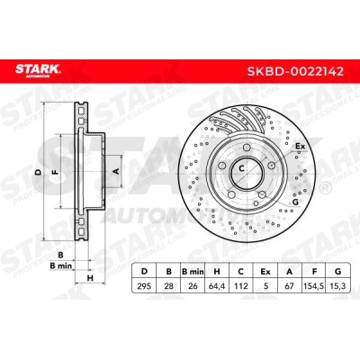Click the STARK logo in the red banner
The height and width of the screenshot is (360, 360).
(38, 71)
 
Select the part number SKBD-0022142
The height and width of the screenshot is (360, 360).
(295, 71)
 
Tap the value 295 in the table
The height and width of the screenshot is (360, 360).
(144, 286)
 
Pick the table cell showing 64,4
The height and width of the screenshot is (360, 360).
(217, 286)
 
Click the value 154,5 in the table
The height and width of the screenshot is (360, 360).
(313, 286)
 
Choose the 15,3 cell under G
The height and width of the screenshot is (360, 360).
(338, 286)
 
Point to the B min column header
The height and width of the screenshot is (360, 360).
(193, 272)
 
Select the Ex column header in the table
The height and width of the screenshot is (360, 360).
(265, 272)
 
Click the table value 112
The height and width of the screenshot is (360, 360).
(241, 286)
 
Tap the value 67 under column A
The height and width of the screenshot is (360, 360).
(289, 286)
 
